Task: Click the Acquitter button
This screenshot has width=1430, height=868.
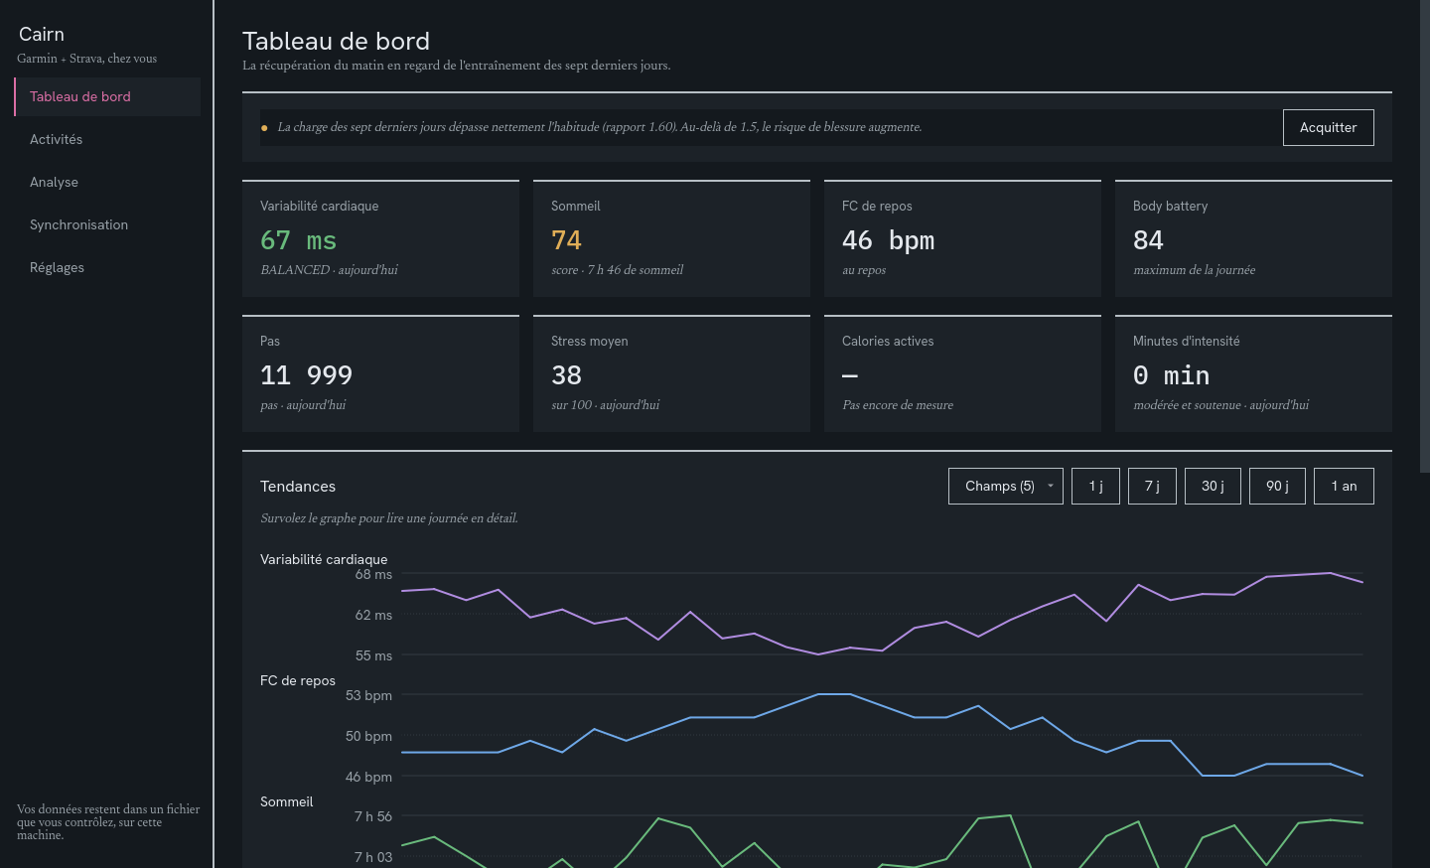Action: [x=1328, y=128]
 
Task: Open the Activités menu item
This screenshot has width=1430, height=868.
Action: [x=57, y=139]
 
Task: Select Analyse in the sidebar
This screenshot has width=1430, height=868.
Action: [x=54, y=182]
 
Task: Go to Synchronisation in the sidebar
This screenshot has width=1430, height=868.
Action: [x=78, y=224]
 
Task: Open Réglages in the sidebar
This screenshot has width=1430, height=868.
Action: [x=57, y=267]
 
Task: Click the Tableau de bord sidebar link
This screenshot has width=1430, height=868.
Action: [x=79, y=96]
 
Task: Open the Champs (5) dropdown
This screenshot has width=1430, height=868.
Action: [x=1005, y=487]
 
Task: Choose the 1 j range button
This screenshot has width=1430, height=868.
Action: [x=1095, y=487]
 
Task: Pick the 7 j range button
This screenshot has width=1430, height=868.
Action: [x=1152, y=487]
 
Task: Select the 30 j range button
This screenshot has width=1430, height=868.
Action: [x=1213, y=487]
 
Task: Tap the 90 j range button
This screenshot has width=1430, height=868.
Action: [x=1277, y=487]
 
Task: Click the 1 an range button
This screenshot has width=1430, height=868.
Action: [x=1344, y=487]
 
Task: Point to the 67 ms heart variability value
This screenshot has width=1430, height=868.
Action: [x=298, y=240]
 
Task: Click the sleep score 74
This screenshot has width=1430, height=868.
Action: [x=566, y=240]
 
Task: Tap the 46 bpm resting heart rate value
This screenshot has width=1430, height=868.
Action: [x=888, y=240]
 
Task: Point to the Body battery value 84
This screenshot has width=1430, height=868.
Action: [x=1148, y=240]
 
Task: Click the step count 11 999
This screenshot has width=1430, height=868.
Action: [x=306, y=375]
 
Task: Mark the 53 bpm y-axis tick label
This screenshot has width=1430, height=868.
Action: [x=368, y=695]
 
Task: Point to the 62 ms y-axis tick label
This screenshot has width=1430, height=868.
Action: [x=373, y=616]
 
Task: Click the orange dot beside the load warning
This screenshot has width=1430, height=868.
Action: [x=264, y=128]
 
